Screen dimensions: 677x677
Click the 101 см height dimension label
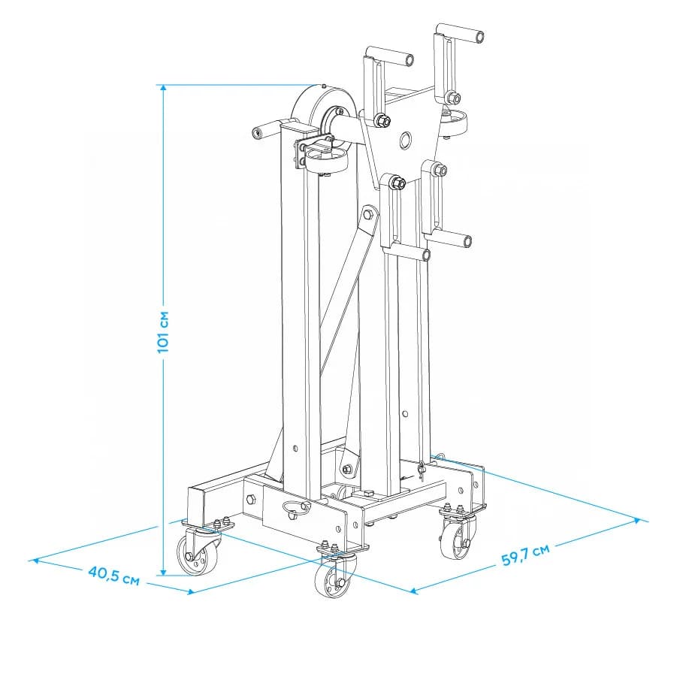point(163,331)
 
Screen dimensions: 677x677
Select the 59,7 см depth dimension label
point(525,555)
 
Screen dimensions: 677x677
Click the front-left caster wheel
point(192,557)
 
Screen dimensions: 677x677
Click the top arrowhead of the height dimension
point(163,87)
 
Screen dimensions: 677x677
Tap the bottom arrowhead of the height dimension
point(163,572)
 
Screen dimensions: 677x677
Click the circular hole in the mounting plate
point(406,140)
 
